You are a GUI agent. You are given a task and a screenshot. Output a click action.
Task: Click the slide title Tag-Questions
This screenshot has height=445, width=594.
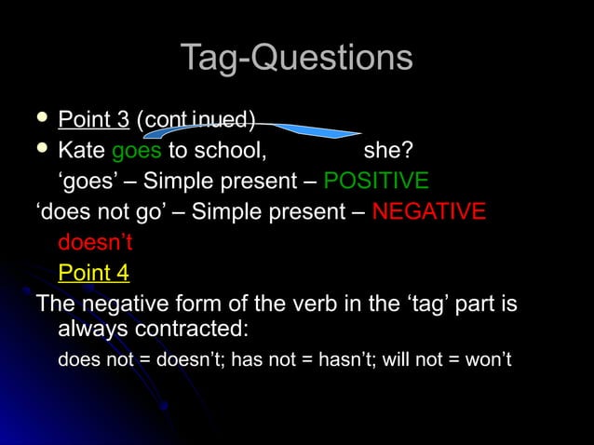[296, 58]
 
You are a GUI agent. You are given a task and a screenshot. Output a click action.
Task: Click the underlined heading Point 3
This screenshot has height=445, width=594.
[93, 120]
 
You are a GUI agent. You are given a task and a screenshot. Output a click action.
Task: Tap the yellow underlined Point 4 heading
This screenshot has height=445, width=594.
[93, 273]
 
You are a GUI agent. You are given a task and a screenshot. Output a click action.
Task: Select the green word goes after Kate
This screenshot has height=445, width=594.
[136, 151]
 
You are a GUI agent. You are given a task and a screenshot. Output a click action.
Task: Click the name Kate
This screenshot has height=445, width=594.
[81, 151]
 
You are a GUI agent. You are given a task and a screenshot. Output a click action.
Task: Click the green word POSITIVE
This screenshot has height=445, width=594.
[376, 181]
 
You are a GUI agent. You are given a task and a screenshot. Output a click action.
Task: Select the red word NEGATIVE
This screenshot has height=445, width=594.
[428, 212]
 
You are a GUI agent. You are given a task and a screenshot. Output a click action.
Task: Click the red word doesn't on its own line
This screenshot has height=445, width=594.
[95, 243]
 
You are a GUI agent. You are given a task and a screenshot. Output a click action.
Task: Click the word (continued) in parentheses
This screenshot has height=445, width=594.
[196, 120]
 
